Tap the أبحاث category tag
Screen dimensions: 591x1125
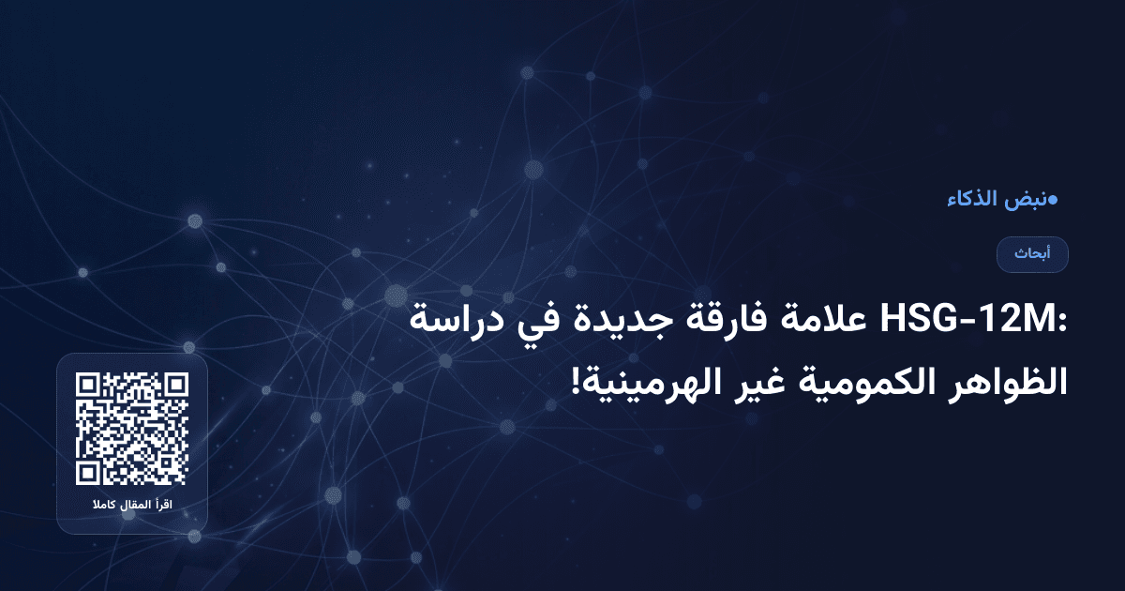click(1032, 254)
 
